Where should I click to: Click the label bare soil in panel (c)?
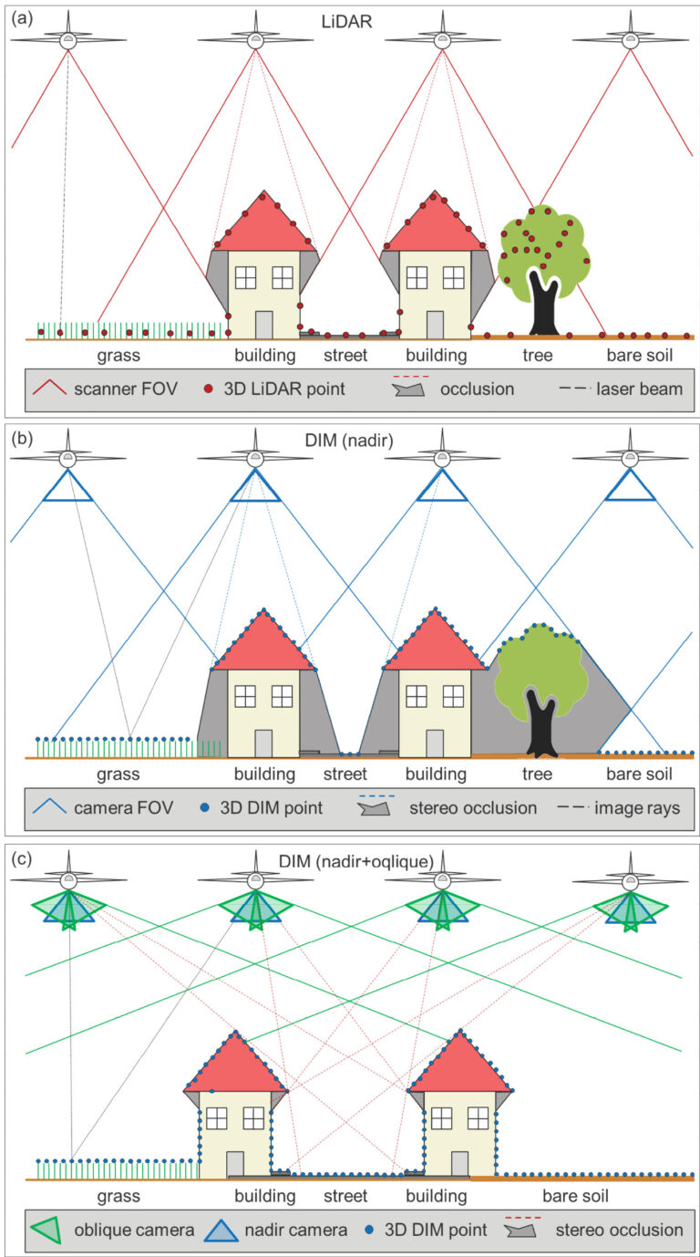[575, 1195]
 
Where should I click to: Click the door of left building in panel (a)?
[263, 325]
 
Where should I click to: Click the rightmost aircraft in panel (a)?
[630, 39]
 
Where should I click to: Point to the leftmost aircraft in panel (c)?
[70, 881]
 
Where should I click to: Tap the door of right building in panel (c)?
[460, 1165]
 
